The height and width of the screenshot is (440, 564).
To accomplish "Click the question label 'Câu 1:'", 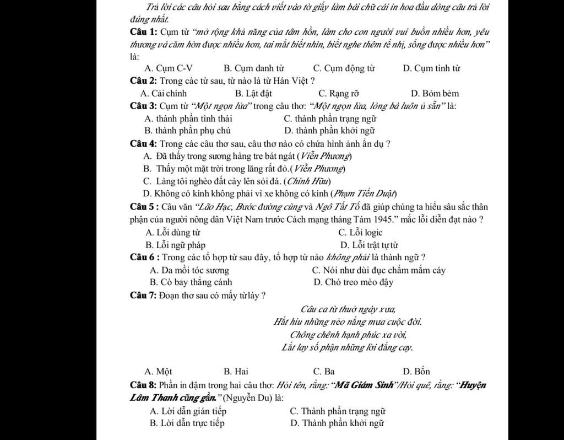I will [x=143, y=31].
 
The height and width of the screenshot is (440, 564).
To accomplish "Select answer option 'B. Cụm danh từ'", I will [x=253, y=68].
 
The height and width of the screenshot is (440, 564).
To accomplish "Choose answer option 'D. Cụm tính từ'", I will [x=431, y=68].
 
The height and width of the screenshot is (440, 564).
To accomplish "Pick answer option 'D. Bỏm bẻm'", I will [x=435, y=93].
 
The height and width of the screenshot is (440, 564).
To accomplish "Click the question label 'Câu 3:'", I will [x=144, y=106].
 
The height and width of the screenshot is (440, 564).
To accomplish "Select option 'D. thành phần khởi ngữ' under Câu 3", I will [x=329, y=131].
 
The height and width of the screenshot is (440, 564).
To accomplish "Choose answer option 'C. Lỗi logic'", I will [x=360, y=233].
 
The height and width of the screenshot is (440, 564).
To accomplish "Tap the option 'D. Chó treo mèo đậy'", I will [x=353, y=282].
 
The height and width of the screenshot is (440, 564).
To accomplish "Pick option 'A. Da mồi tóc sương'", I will [x=189, y=270].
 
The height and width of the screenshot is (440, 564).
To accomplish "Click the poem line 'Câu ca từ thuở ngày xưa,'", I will [x=348, y=309].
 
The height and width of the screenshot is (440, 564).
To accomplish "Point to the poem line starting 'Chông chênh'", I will [x=348, y=334].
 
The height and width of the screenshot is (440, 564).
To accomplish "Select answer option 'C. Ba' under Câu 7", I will [x=324, y=371].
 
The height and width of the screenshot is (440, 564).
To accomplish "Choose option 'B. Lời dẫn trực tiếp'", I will [x=187, y=423].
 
